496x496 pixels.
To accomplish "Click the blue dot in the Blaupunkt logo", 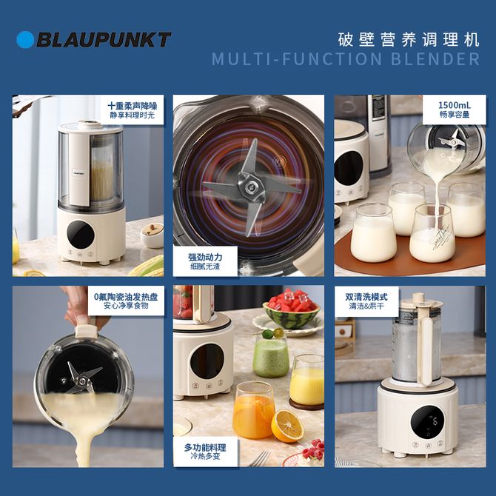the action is tap(25, 39).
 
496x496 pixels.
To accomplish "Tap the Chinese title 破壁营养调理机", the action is tap(409, 39).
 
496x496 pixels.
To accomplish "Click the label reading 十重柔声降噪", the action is tap(133, 105).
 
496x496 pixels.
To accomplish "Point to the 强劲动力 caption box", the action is tap(205, 261).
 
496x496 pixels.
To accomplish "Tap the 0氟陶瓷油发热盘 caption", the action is tap(126, 301).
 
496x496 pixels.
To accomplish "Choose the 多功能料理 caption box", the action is tap(205, 452).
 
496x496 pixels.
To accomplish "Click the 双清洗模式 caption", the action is tap(366, 301).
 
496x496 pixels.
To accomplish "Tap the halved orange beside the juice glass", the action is tap(287, 426).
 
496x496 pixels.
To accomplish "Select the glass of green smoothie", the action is tap(271, 355).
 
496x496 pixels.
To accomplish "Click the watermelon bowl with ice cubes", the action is tap(291, 309).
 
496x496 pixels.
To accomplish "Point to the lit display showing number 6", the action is tap(427, 422).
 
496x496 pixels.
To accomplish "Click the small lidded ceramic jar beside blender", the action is tap(152, 235).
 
